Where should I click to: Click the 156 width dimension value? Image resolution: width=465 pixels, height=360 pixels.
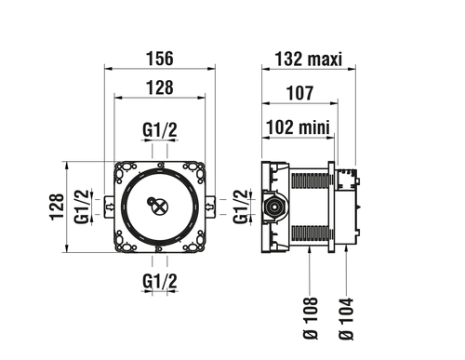(x=160, y=59)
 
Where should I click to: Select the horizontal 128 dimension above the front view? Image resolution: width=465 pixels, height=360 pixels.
(x=160, y=87)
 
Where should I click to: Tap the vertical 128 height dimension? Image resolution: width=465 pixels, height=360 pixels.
(x=57, y=207)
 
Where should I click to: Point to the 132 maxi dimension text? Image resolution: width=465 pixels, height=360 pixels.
(x=309, y=59)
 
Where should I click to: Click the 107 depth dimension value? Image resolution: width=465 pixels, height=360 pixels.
(x=299, y=93)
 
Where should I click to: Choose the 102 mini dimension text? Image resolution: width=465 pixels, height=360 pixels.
(x=298, y=127)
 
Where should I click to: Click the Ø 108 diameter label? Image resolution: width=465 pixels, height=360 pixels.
(x=311, y=318)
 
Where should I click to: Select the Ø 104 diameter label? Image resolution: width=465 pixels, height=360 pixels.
(x=346, y=319)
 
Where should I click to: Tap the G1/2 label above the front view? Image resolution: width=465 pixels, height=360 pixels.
(x=160, y=130)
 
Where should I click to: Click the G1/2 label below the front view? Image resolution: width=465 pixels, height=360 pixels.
(x=160, y=282)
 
